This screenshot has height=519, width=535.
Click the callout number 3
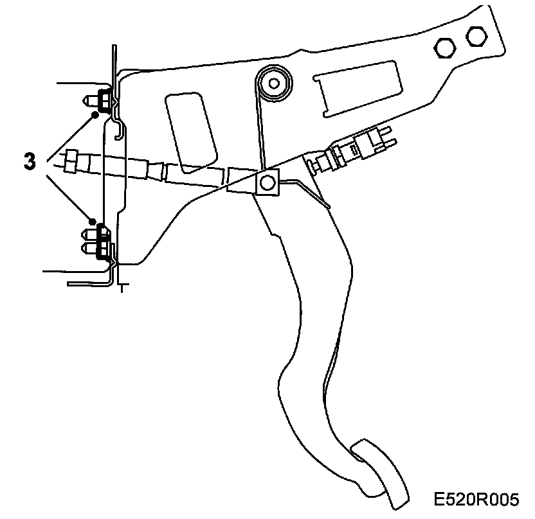[30, 161]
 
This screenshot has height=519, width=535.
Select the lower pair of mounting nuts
[100, 241]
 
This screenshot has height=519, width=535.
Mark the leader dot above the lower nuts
[93, 222]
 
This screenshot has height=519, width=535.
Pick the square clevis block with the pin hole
[266, 182]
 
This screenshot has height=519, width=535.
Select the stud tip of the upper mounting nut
[87, 100]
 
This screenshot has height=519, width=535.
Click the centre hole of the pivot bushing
[275, 82]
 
